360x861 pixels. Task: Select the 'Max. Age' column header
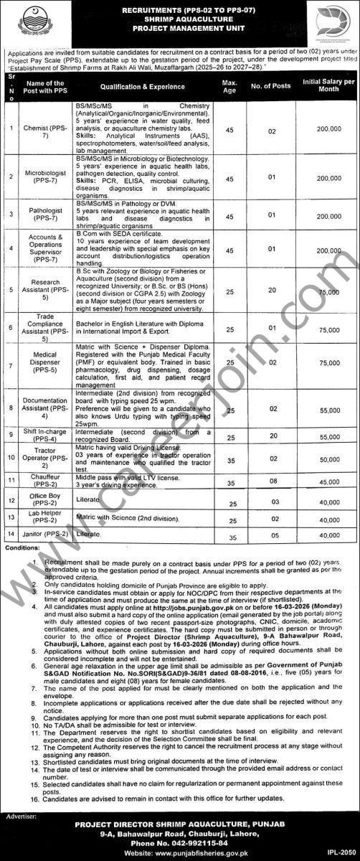(230, 86)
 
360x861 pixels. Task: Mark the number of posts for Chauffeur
(273, 481)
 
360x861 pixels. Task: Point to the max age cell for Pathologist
(230, 215)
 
